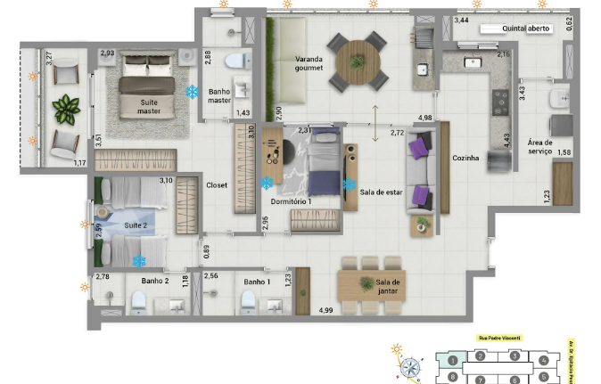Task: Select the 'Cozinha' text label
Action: (x=465, y=158)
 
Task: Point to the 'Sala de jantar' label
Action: (x=390, y=288)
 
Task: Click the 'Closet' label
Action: (x=218, y=185)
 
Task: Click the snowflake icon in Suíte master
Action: (x=192, y=92)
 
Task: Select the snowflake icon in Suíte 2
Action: (x=139, y=261)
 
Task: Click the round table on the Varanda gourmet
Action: (x=358, y=61)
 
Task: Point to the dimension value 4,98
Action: (x=425, y=118)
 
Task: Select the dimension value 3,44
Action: (x=462, y=20)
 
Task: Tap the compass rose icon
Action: (x=410, y=365)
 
